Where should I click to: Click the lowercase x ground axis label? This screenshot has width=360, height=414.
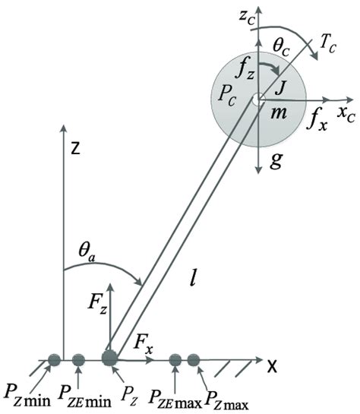tap(271, 365)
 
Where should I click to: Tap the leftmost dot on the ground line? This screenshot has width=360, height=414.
tap(55, 359)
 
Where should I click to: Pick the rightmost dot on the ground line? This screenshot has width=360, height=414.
tap(194, 359)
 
